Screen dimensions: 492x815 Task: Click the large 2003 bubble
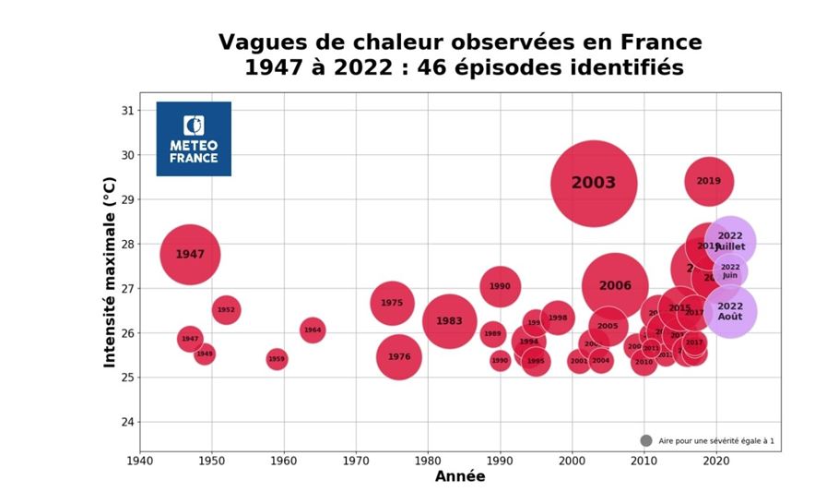594,183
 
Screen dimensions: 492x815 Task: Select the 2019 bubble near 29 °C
708,181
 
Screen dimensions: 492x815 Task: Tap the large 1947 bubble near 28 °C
190,255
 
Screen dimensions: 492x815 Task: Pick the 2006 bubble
615,286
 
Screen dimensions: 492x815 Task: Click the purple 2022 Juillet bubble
730,241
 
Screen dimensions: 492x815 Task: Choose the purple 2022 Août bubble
729,312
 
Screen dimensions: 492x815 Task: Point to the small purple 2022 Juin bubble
729,271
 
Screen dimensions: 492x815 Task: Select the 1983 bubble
449,321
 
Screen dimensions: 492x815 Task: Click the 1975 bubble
392,303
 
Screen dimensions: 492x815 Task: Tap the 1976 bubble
398,357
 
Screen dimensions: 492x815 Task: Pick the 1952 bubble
226,310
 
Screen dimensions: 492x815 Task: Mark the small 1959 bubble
277,359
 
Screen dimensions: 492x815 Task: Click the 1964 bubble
313,330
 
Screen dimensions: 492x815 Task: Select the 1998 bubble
557,318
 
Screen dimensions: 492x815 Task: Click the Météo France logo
194,138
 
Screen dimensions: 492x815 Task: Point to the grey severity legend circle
645,441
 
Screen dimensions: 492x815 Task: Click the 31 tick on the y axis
127,111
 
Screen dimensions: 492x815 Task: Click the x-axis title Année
459,477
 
